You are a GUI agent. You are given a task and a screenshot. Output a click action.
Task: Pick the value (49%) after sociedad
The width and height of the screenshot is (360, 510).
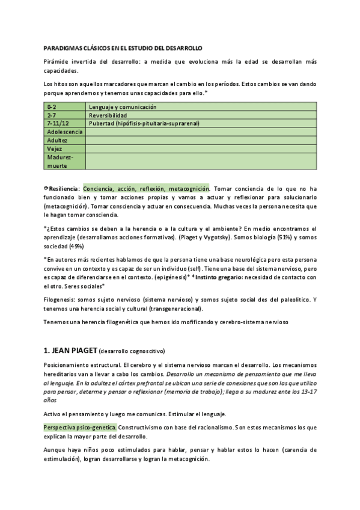(x=77, y=246)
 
